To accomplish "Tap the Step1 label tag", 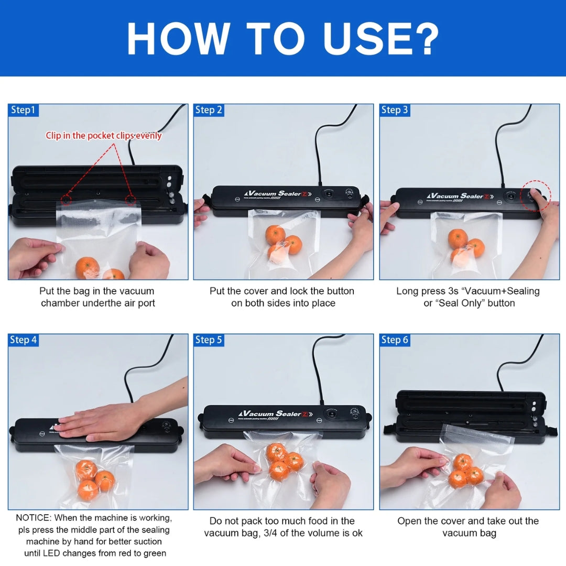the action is pyautogui.click(x=23, y=110).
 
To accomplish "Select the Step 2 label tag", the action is pyautogui.click(x=209, y=110).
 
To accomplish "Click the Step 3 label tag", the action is pyautogui.click(x=395, y=110).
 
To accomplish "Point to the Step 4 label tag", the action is pyautogui.click(x=23, y=340).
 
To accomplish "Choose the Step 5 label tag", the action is pyautogui.click(x=209, y=340).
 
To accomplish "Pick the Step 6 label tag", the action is pyautogui.click(x=395, y=340).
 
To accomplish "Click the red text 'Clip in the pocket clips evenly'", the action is pyautogui.click(x=104, y=136).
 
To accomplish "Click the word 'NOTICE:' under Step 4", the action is pyautogui.click(x=34, y=518).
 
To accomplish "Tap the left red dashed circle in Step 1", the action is pyautogui.click(x=66, y=199).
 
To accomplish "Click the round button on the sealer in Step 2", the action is pyautogui.click(x=329, y=194).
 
